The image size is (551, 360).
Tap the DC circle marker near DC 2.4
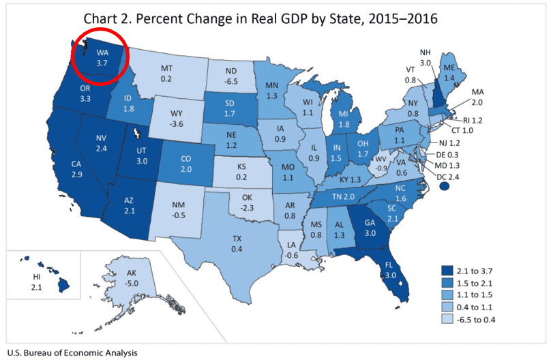pyautogui.click(x=445, y=187)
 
